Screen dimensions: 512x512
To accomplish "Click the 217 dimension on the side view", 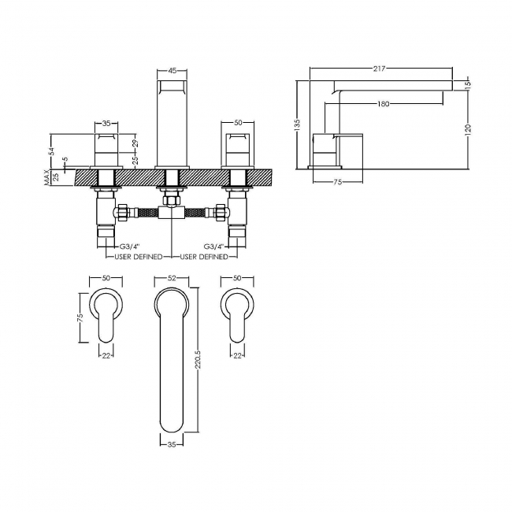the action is click(380, 69).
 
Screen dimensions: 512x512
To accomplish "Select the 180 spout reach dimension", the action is click(384, 104).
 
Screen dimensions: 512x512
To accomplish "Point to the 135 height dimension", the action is click(297, 125).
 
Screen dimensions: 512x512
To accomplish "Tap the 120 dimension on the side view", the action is click(469, 129).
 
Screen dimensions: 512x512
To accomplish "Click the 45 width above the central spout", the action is click(172, 70).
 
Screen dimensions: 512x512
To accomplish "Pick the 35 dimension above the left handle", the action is click(106, 124).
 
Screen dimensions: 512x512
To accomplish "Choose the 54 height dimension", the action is click(51, 151).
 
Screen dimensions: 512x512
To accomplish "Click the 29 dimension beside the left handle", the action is click(135, 143).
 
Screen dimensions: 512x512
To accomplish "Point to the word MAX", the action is click(46, 178).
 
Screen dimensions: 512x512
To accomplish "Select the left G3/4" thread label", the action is click(128, 247).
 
